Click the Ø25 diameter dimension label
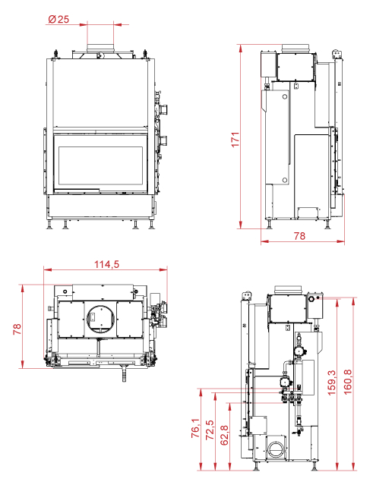coord(58,19)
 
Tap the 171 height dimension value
coord(235,140)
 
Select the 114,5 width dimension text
coord(106,264)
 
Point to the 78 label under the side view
coord(299,236)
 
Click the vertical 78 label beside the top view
coord(17,329)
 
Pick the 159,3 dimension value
coord(331,383)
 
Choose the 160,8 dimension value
coord(348,382)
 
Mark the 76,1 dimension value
coord(196,428)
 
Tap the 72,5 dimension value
coord(210,430)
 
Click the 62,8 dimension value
coord(224,436)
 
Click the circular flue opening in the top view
coord(100,318)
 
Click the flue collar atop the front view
coord(100,48)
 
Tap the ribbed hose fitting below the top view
coord(124,373)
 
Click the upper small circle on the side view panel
coord(284,97)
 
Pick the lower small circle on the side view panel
coord(284,180)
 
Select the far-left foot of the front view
coord(49,225)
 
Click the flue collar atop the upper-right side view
coord(296,48)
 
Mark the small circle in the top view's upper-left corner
coord(65,291)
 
